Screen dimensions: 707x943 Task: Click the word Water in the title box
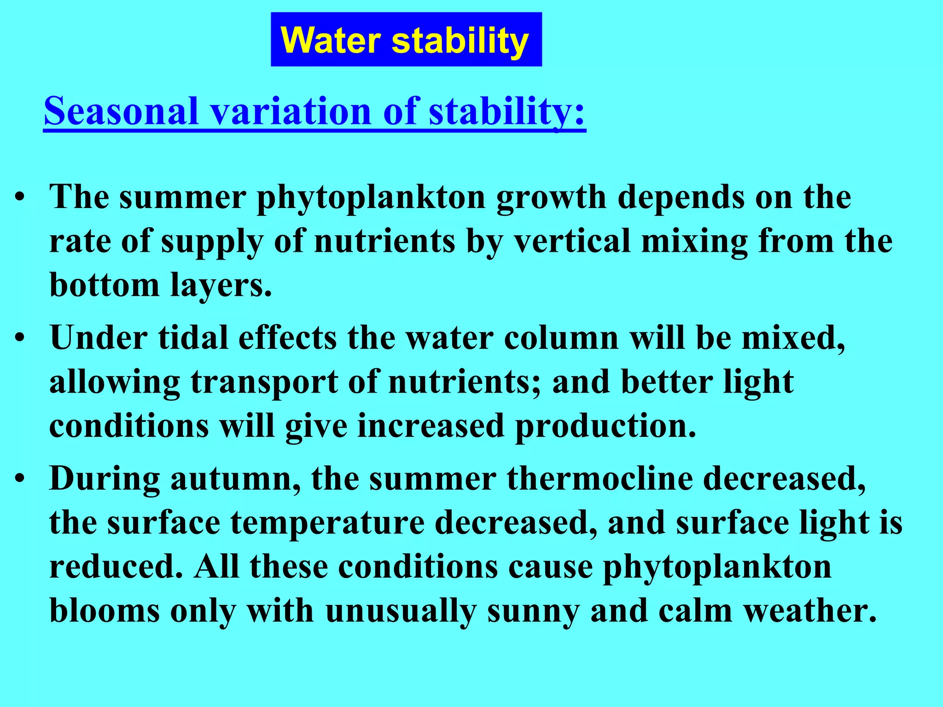point(331,41)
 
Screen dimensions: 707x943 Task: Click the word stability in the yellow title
point(460,41)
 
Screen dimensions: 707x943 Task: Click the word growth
point(551,197)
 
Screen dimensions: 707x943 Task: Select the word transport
point(264,382)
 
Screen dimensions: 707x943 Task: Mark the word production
point(605,426)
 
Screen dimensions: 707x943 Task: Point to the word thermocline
point(600,478)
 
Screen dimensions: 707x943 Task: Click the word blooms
point(105,611)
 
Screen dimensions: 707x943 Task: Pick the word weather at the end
point(810,611)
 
